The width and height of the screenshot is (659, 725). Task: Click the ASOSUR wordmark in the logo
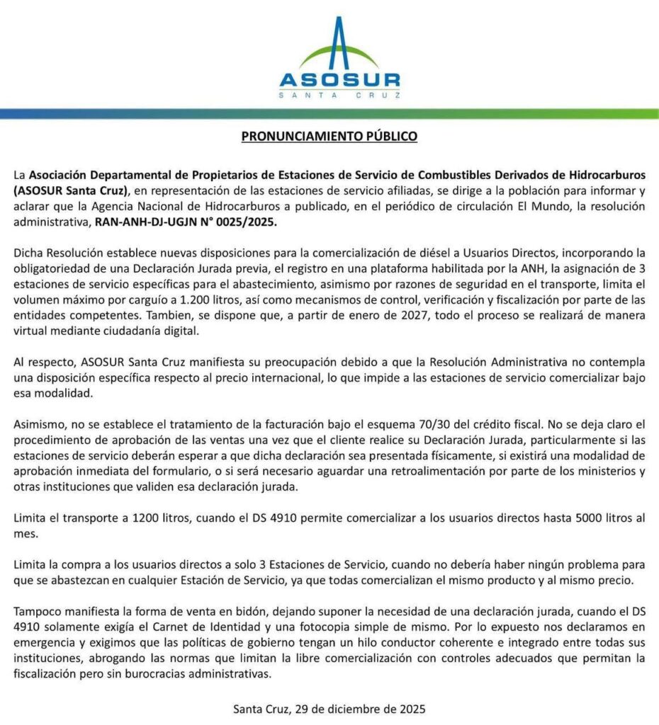pyautogui.click(x=339, y=80)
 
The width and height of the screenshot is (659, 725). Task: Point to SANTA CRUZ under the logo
pyautogui.click(x=339, y=95)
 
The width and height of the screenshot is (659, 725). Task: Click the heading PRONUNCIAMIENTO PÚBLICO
pyautogui.click(x=329, y=135)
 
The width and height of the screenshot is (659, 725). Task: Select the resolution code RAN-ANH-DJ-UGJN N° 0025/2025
pyautogui.click(x=186, y=222)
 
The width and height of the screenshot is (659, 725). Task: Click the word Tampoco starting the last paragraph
pyautogui.click(x=36, y=610)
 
